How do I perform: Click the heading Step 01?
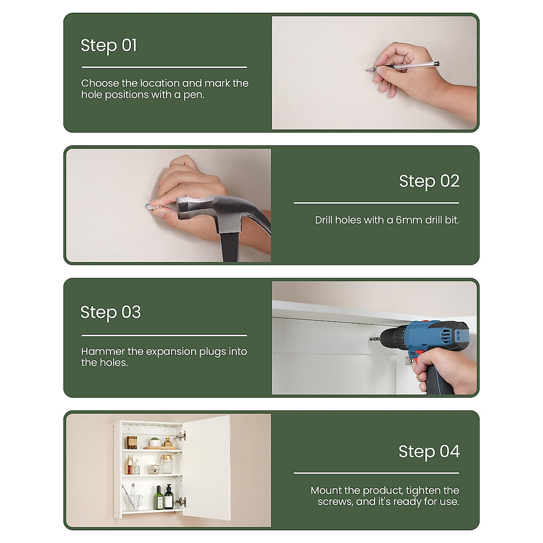(109, 45)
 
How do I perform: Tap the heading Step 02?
(429, 181)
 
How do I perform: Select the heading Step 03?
(111, 312)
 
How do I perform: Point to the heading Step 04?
(429, 452)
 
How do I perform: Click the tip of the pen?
(367, 70)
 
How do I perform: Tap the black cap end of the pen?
(437, 64)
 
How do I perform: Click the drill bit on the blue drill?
(375, 339)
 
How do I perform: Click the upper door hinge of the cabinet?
(181, 436)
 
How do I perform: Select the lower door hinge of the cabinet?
(181, 501)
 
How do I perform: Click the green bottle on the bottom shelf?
(158, 498)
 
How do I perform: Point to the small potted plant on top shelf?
(155, 442)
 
